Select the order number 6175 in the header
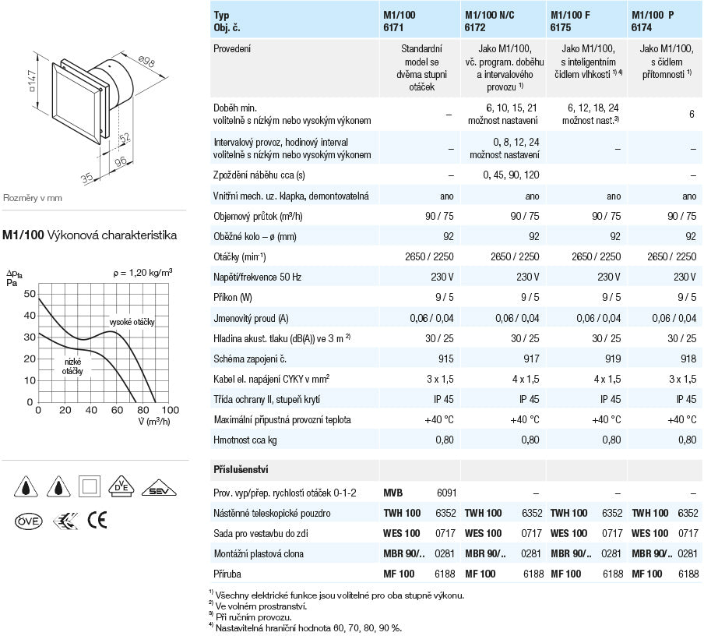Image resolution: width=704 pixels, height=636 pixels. pos(561,26)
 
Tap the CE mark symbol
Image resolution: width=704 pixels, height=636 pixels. pos(97,521)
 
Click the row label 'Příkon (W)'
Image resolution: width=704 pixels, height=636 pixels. pos(233,297)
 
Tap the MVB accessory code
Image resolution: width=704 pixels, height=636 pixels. pos(395,493)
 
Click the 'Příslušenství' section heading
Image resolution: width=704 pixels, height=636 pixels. pos(242,471)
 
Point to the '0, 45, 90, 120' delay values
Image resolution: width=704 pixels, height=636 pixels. pos(510,175)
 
